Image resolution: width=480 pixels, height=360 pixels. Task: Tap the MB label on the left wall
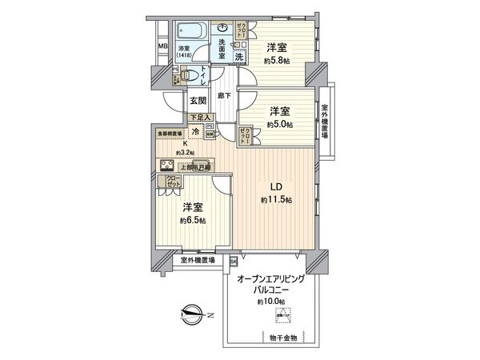(162, 46)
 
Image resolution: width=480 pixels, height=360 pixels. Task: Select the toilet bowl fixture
(188, 75)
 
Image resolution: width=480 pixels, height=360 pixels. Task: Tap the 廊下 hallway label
(226, 96)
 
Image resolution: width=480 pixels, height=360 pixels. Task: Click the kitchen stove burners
(170, 166)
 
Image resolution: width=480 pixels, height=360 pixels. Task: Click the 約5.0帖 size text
(279, 124)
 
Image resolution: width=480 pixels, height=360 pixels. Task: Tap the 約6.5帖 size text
(193, 220)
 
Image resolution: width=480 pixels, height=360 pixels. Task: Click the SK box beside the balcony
(234, 262)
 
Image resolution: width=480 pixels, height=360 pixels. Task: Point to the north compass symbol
(190, 314)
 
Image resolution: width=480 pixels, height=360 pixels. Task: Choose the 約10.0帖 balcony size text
(270, 302)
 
